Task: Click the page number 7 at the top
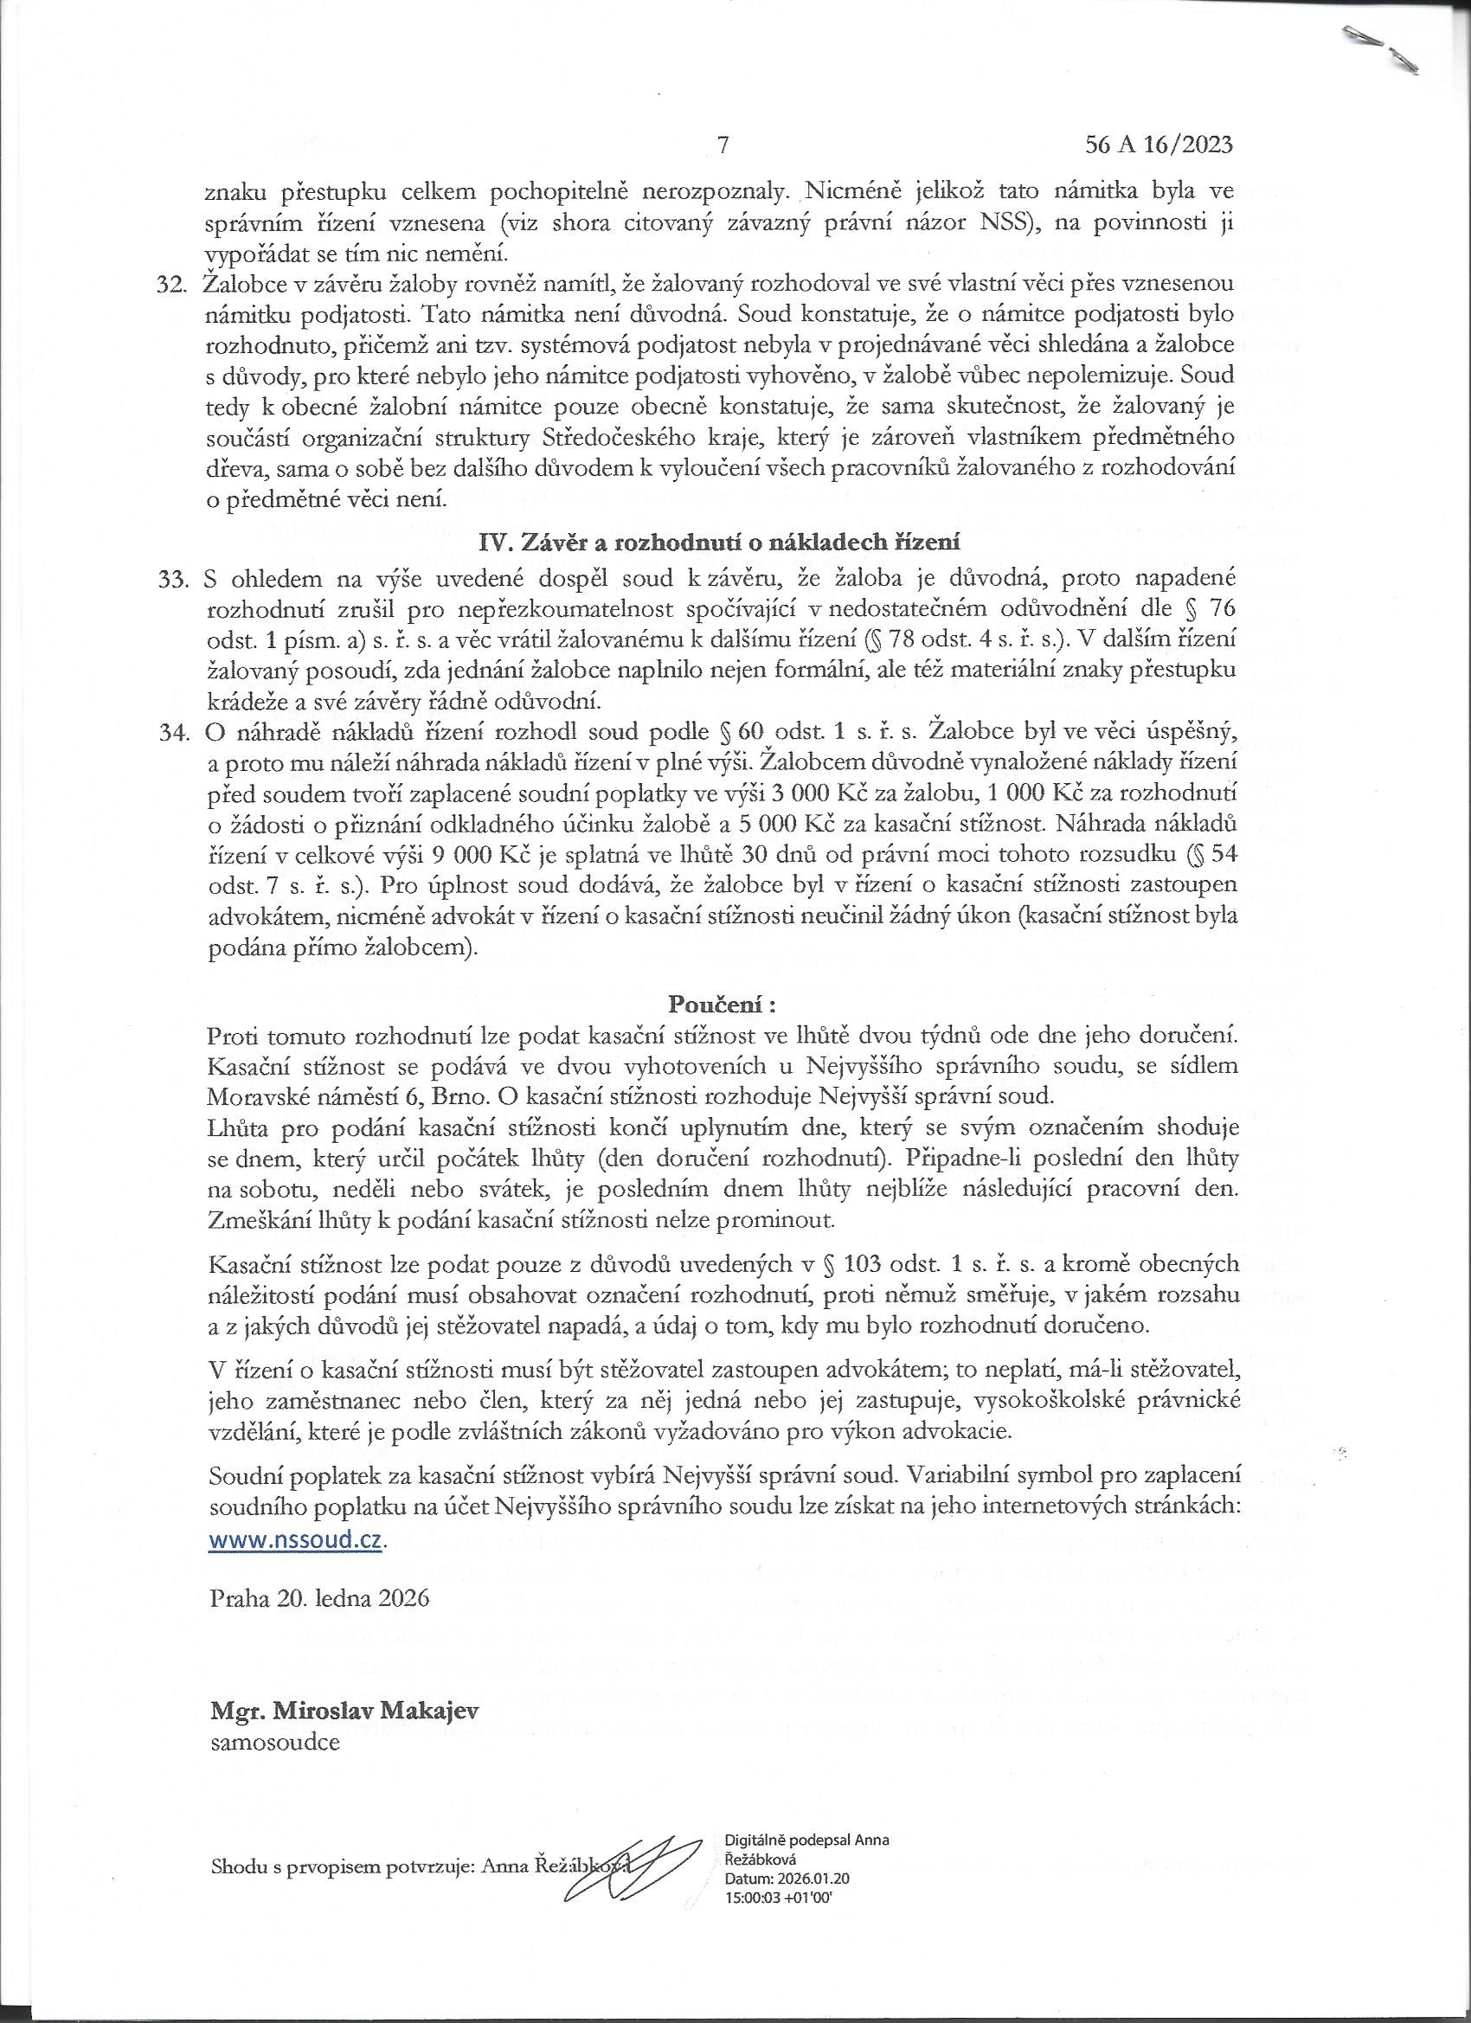[723, 144]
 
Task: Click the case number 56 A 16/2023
[1159, 144]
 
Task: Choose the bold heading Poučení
[722, 1004]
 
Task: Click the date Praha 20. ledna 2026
[318, 1597]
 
